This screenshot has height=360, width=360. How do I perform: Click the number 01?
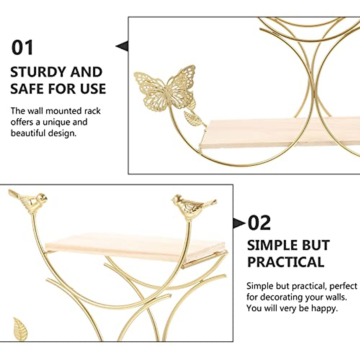pos(22,48)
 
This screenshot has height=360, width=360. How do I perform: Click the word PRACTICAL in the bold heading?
pos(286,262)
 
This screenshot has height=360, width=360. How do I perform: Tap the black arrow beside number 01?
pos(122,46)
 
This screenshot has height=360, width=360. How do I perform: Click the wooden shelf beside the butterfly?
pos(270,132)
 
